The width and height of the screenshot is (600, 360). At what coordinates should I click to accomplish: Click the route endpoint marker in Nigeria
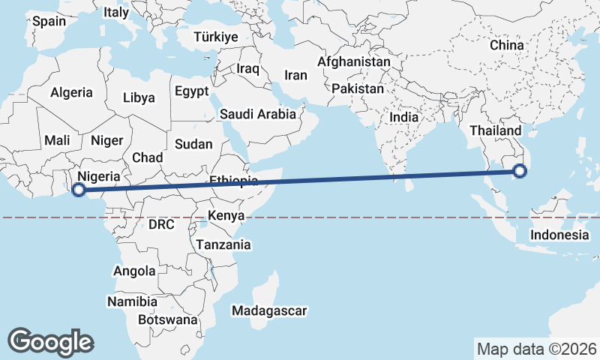click(78, 189)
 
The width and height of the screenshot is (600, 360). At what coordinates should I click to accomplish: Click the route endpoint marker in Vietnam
click(520, 172)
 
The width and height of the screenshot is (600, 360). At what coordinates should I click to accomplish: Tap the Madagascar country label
click(269, 310)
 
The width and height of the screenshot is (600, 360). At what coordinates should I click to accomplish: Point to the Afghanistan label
click(354, 61)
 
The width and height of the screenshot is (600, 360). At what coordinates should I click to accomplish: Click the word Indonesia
click(559, 235)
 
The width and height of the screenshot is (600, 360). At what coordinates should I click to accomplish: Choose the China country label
click(506, 45)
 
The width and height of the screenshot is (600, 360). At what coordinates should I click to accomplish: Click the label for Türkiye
click(215, 37)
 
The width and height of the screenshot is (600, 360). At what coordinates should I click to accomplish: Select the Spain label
click(49, 21)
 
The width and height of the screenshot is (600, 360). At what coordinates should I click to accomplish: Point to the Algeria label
click(71, 93)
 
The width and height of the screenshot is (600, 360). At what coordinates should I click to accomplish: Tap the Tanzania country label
click(223, 244)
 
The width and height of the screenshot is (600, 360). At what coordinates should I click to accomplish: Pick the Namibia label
click(132, 301)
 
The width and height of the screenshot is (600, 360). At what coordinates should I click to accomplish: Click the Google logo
click(50, 341)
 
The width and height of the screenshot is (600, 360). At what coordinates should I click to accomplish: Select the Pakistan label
click(358, 88)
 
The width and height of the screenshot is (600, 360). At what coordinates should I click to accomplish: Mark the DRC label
click(161, 224)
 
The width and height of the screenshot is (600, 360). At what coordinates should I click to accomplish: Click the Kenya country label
click(226, 216)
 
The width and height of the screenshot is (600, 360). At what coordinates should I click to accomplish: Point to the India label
click(404, 117)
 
